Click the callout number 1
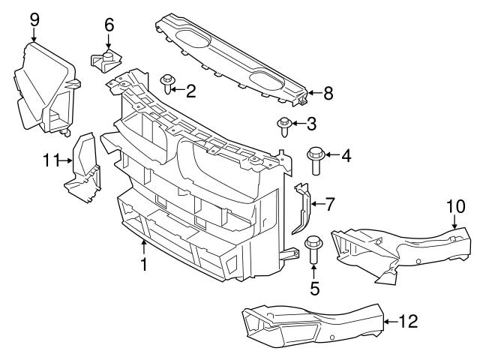(143, 265)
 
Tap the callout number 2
(190, 91)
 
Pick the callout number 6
(109, 25)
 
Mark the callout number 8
(327, 94)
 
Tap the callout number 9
(34, 19)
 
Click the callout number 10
(456, 205)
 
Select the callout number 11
(50, 159)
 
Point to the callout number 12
(406, 322)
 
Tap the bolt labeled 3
(285, 125)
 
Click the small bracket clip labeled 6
(106, 58)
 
